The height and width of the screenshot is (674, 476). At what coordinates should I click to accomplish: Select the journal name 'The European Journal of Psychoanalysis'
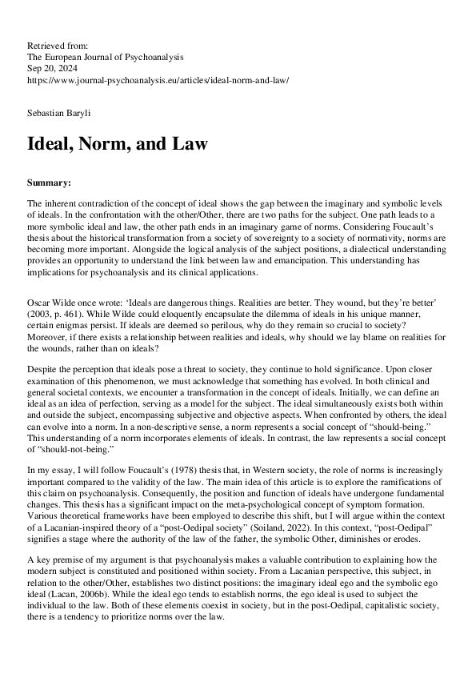(105, 58)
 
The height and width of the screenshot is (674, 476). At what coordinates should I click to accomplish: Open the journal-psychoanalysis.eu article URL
(158, 81)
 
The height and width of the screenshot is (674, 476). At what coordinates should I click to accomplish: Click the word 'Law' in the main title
(189, 145)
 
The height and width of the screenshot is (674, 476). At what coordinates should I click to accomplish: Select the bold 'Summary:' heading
(49, 183)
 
